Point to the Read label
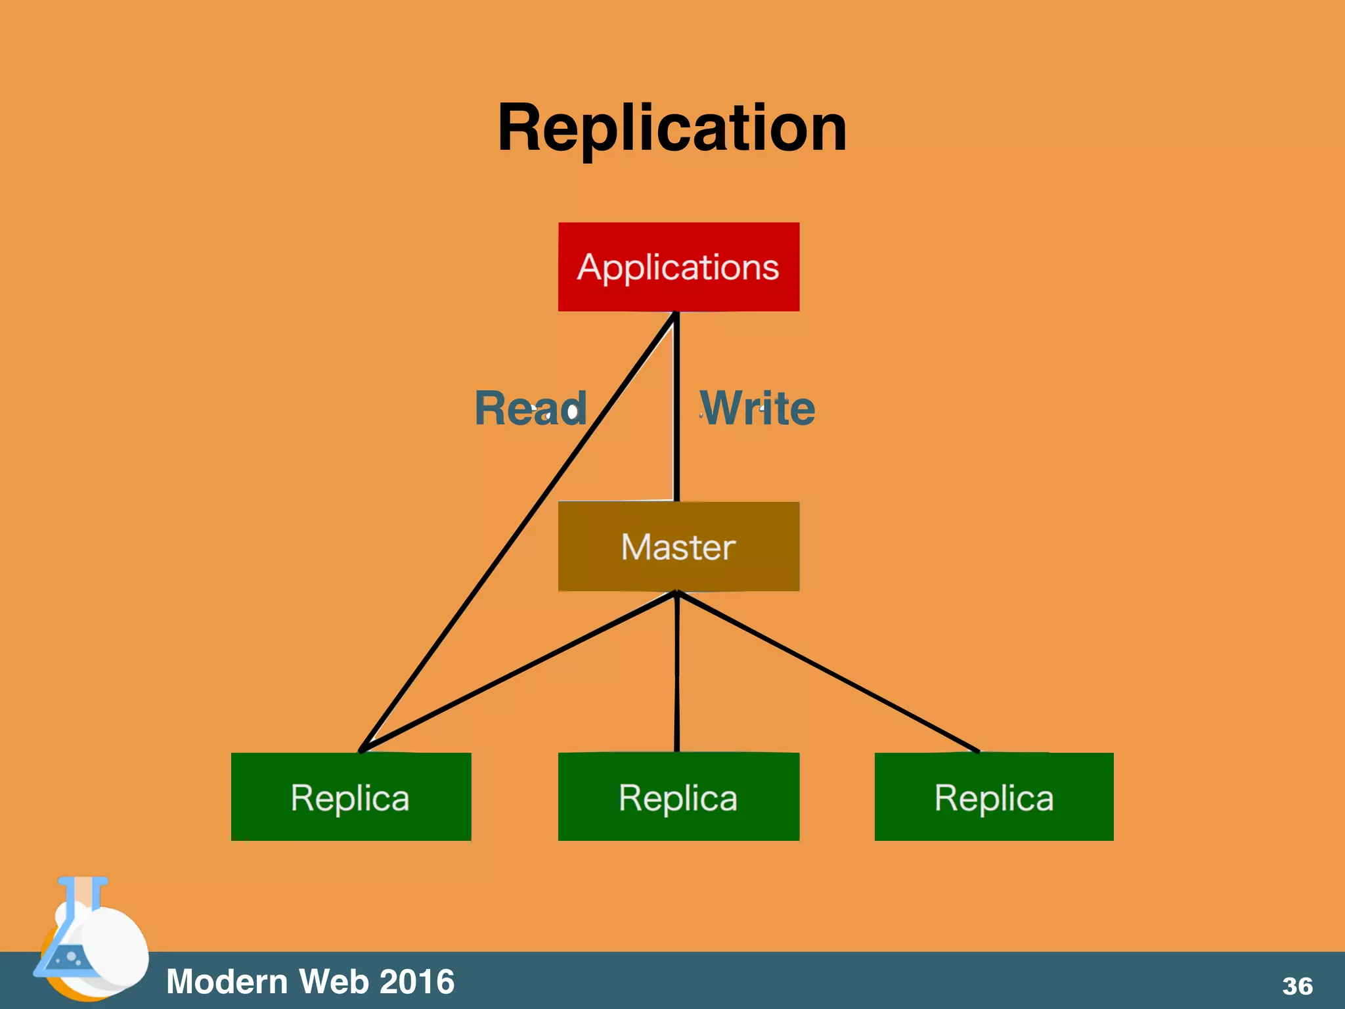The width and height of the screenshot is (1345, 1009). [529, 409]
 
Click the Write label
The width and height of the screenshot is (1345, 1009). [757, 409]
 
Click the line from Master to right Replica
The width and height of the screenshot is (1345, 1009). [827, 671]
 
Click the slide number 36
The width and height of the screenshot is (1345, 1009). [1297, 986]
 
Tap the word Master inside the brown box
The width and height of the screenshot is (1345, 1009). [678, 547]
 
